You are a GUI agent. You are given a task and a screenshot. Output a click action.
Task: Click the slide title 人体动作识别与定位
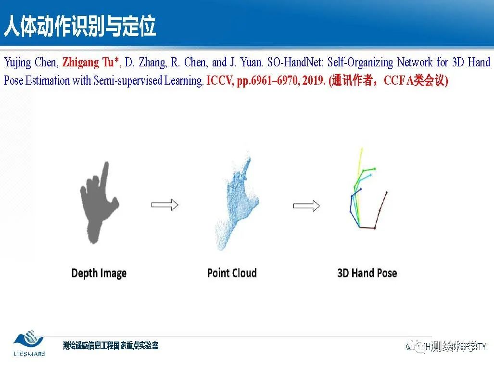[80, 26]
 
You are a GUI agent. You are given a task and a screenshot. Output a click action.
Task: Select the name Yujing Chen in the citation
[31, 63]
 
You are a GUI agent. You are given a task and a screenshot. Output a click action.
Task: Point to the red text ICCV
[219, 81]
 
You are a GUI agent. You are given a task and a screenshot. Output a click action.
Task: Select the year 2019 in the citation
[312, 81]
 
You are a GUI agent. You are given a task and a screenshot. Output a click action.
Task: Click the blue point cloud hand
[238, 202]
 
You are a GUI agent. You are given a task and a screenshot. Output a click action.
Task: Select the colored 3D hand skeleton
[366, 192]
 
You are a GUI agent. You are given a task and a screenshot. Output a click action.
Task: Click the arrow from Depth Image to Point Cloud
[165, 205]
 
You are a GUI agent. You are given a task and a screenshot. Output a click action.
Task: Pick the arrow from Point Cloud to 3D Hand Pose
[306, 206]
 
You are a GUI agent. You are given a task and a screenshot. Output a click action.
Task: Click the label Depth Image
[99, 273]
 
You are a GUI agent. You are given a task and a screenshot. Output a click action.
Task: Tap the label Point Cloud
[232, 273]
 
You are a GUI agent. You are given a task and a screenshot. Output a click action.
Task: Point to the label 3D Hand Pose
[367, 273]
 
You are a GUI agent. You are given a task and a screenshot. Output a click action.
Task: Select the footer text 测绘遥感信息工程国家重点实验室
[111, 345]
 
